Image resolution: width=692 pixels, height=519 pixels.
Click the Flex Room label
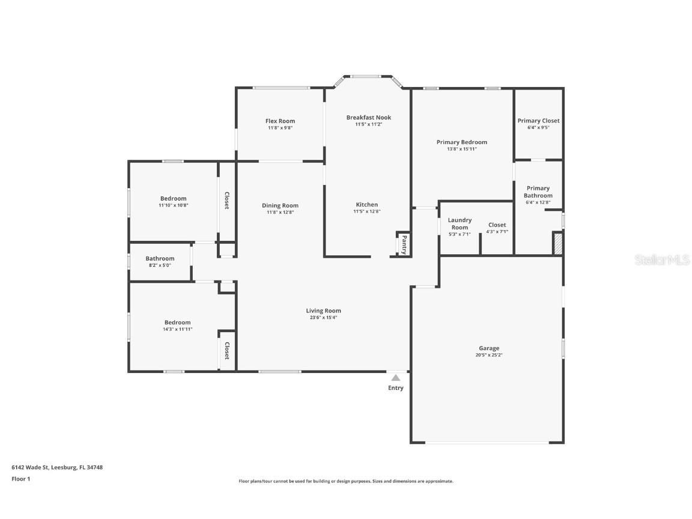280,121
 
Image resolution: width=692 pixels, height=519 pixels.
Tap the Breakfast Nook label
368,118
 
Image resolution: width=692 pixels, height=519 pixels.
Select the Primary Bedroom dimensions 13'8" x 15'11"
461,149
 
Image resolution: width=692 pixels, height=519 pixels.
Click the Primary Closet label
538,121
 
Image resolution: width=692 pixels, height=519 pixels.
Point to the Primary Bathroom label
538,192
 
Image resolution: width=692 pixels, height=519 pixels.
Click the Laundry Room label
460,223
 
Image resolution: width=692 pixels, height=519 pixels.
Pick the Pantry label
404,244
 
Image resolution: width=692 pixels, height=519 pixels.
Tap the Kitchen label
366,205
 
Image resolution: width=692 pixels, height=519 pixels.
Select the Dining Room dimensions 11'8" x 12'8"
280,212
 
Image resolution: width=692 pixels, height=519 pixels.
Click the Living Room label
323,311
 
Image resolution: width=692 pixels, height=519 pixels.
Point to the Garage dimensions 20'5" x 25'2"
489,355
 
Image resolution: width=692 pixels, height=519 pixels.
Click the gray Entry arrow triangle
395,378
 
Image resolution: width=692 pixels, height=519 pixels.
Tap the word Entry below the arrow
395,388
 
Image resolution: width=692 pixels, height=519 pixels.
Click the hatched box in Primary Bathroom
557,244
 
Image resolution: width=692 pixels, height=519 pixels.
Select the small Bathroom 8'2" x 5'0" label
160,259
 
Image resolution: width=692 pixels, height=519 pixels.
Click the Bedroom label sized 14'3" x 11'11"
178,323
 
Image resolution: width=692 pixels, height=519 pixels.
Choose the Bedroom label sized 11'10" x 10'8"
173,199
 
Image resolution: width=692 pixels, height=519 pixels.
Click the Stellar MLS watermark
663,259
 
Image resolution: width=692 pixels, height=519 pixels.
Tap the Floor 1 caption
20,479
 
